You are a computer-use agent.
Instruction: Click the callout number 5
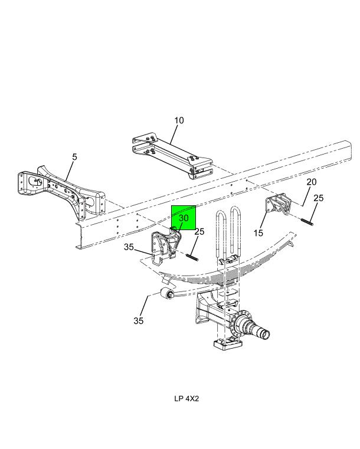tap(74, 157)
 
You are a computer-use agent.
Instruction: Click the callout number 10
tap(179, 120)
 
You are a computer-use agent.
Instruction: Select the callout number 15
tap(258, 233)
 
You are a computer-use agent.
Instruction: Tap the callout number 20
tap(312, 182)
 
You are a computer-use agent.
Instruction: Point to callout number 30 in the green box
tap(184, 218)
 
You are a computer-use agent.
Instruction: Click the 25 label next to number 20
tap(319, 198)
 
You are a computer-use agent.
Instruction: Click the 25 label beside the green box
tap(199, 232)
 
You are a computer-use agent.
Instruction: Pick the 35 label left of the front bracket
tap(129, 247)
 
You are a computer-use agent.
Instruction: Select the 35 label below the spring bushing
tap(138, 321)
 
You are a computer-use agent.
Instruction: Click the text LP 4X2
tap(186, 398)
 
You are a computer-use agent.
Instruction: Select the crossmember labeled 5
tap(61, 190)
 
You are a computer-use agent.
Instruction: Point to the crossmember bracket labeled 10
tap(173, 155)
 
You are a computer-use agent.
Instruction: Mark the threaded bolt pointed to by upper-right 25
tap(307, 222)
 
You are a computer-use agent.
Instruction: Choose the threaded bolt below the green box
tap(192, 257)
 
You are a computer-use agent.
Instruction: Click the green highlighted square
tap(184, 218)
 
